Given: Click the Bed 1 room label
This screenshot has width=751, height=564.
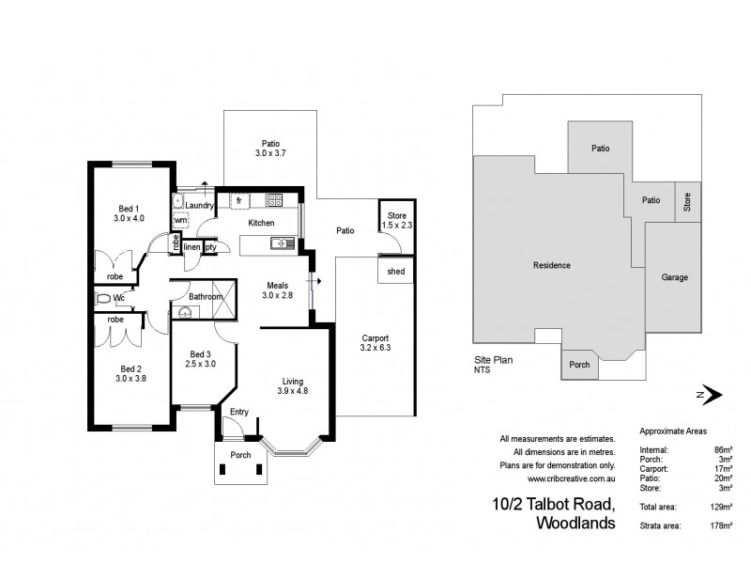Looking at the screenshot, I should (x=129, y=209).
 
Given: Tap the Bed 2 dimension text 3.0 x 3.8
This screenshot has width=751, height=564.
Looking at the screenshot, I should (x=130, y=378).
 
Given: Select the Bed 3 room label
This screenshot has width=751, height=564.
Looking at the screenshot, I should (x=200, y=353).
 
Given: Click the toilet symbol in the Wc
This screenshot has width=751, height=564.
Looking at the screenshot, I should (x=102, y=298).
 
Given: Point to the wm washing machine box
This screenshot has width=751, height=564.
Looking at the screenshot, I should (x=180, y=220).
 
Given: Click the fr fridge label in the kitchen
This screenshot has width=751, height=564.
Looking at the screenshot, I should (x=239, y=200).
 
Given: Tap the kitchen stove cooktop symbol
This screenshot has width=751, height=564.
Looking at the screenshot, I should (x=274, y=199).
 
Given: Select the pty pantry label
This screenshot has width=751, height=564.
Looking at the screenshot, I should (x=211, y=246).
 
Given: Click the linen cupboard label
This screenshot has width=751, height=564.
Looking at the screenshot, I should (x=192, y=246).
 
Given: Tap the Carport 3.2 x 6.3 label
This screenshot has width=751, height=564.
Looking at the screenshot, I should (x=374, y=344).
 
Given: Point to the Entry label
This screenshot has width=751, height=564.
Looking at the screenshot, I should (x=239, y=411).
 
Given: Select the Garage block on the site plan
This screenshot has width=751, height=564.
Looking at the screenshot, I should (x=675, y=277).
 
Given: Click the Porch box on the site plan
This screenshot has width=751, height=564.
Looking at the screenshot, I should (x=580, y=365).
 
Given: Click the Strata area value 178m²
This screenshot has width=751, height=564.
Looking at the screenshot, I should (x=721, y=525).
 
